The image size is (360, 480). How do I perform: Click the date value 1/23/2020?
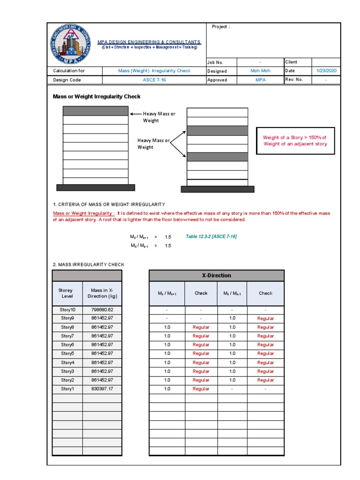pos(326,71)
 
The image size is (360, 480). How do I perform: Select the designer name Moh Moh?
pos(260,71)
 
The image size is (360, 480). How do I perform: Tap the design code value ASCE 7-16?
pos(154,80)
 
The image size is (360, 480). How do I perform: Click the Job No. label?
pos(215,62)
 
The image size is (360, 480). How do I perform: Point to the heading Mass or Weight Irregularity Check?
pos(97,97)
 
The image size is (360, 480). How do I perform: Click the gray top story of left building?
pos(96,111)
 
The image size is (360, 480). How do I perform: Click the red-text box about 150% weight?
pos(295,141)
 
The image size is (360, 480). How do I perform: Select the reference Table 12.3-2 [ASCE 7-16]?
pos(211,236)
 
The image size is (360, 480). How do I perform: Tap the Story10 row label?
pos(67,310)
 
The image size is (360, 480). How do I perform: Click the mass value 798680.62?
pos(102,310)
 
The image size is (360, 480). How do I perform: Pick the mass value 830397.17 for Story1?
pos(102,389)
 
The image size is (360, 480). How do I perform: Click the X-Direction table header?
pos(216,276)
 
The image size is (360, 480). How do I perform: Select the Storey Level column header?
pos(67,293)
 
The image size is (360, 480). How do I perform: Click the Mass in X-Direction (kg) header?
pos(102,293)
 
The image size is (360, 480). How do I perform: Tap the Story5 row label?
pos(67,353)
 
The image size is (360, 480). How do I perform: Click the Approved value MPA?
pos(260,80)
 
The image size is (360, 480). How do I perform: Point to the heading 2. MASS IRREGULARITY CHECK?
pos(89,264)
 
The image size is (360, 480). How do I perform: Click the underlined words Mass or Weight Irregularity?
pos(83,213)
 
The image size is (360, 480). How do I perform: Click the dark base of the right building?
pos(217,189)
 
